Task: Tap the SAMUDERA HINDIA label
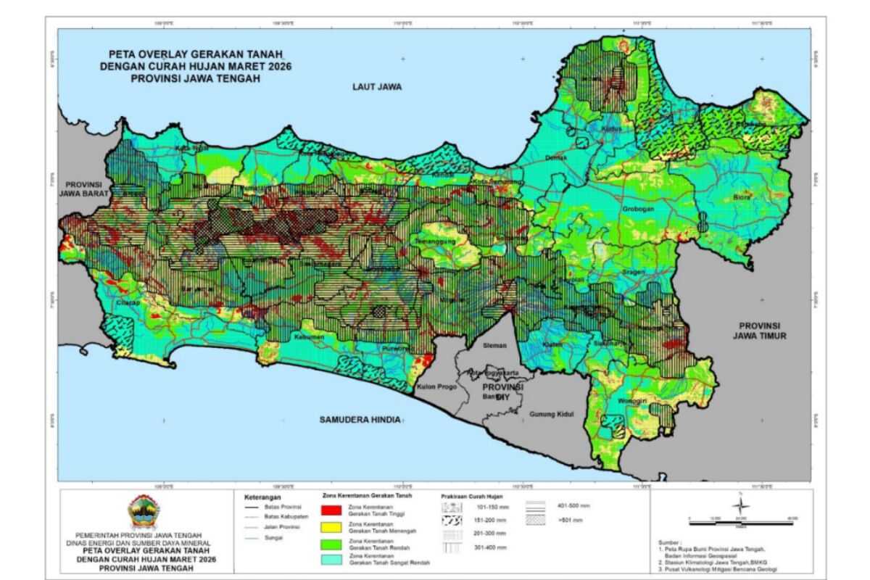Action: coord(360,420)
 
